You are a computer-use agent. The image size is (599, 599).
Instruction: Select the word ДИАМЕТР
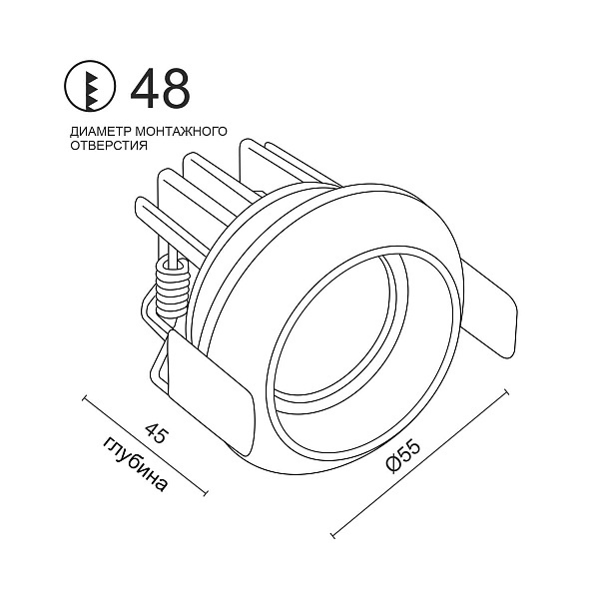point(98,132)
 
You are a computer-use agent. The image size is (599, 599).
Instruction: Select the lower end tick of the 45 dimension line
point(207,492)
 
